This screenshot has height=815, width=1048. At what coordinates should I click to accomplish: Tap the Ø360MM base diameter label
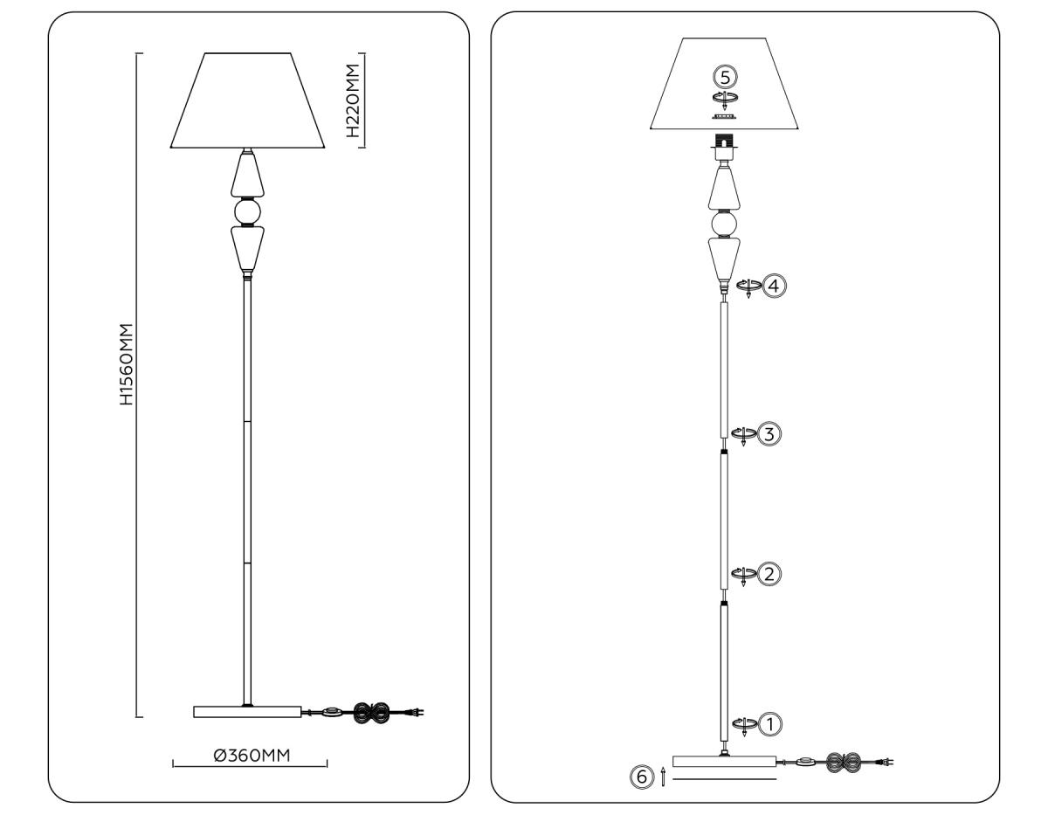pyautogui.click(x=252, y=756)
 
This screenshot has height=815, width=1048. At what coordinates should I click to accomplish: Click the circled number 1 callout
pyautogui.click(x=770, y=723)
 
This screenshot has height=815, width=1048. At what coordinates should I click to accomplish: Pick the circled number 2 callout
pyautogui.click(x=769, y=574)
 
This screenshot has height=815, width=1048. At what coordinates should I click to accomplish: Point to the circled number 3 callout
pyautogui.click(x=768, y=432)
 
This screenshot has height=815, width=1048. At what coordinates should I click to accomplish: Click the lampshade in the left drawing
pyautogui.click(x=249, y=100)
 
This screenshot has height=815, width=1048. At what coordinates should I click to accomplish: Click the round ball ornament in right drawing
pyautogui.click(x=723, y=224)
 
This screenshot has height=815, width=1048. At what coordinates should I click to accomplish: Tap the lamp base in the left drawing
pyautogui.click(x=246, y=712)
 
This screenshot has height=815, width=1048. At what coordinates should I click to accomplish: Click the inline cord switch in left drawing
pyautogui.click(x=331, y=713)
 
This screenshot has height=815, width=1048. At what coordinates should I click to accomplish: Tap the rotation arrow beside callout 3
pyautogui.click(x=742, y=434)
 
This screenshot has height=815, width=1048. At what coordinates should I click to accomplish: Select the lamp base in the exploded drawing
pyautogui.click(x=724, y=761)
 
